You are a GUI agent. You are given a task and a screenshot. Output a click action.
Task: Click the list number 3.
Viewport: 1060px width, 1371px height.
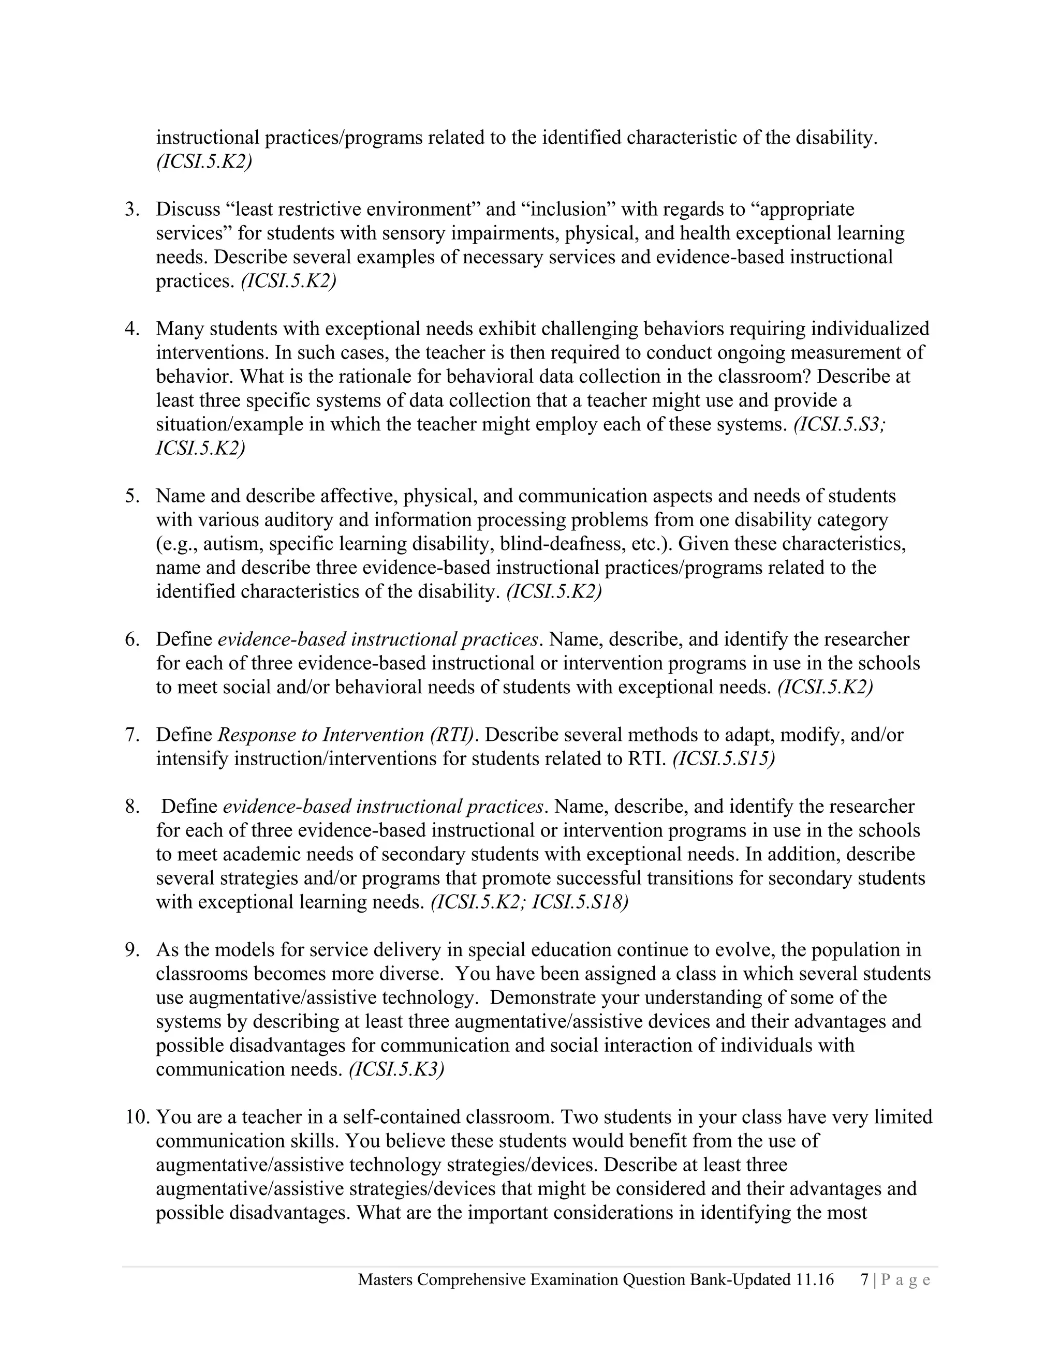point(131,209)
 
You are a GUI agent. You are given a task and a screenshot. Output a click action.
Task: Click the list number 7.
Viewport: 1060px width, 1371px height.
point(131,735)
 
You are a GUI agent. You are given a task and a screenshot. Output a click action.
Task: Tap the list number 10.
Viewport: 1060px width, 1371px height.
point(136,1117)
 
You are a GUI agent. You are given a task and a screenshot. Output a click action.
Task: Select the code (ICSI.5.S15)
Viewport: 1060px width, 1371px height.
point(724,759)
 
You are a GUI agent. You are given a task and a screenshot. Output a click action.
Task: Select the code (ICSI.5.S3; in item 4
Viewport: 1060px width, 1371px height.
point(840,424)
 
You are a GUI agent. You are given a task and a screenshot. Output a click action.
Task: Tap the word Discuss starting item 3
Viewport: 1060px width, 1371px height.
point(188,209)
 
